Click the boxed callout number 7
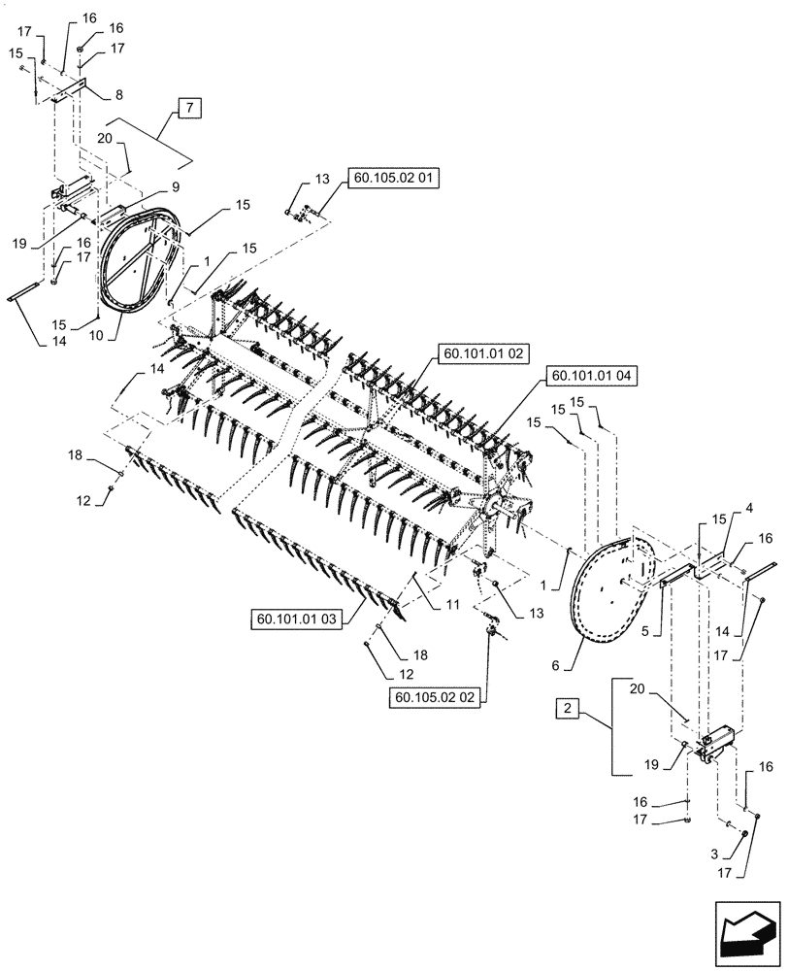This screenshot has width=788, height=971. coord(189,108)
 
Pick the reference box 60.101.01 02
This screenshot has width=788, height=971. coord(481,354)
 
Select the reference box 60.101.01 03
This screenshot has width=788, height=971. coord(297,619)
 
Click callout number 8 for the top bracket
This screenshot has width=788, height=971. coord(118,95)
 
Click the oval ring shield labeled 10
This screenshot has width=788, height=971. coord(143,265)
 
